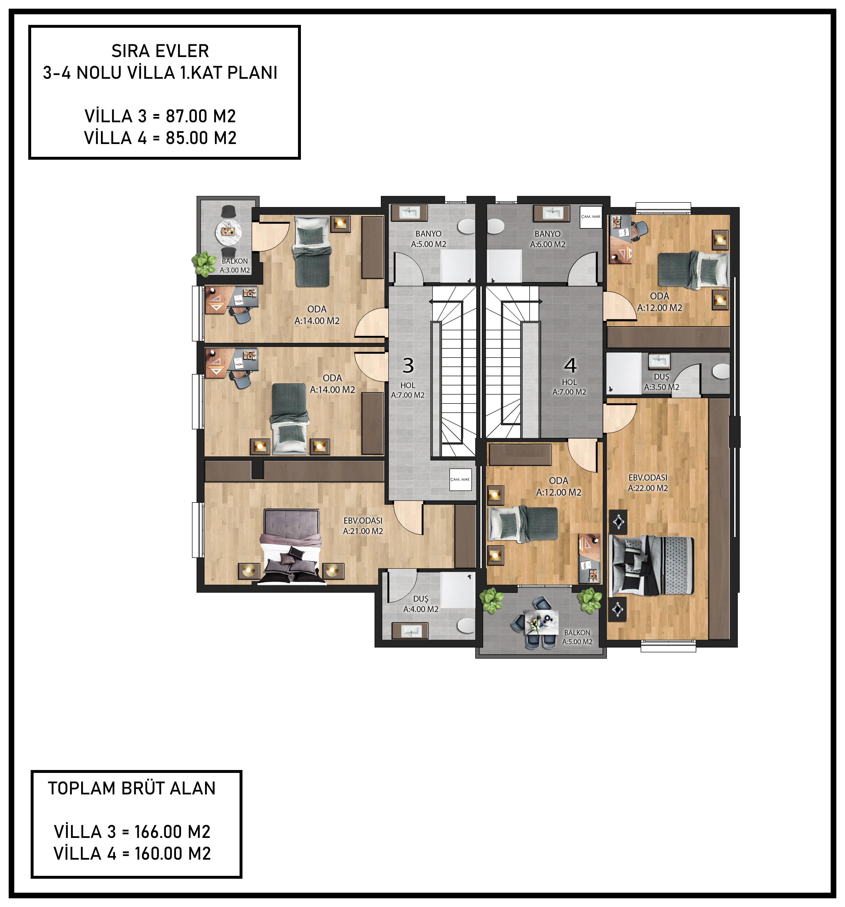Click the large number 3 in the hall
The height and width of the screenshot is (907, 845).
[x=408, y=366]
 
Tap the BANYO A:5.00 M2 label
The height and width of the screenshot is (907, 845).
[x=429, y=239]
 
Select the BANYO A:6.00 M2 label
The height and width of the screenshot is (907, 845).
[x=548, y=239]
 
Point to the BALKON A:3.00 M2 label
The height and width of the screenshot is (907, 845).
[x=235, y=266]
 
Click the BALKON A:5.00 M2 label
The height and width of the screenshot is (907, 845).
[x=577, y=637]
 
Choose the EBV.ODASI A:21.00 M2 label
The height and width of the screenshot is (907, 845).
[x=363, y=525]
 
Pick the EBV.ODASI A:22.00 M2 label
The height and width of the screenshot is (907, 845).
[x=648, y=483]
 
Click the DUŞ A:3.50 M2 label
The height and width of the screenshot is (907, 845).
[x=662, y=382]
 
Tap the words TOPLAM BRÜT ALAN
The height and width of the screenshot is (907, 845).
[x=132, y=788]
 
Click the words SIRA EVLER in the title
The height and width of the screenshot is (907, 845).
[x=160, y=51]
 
